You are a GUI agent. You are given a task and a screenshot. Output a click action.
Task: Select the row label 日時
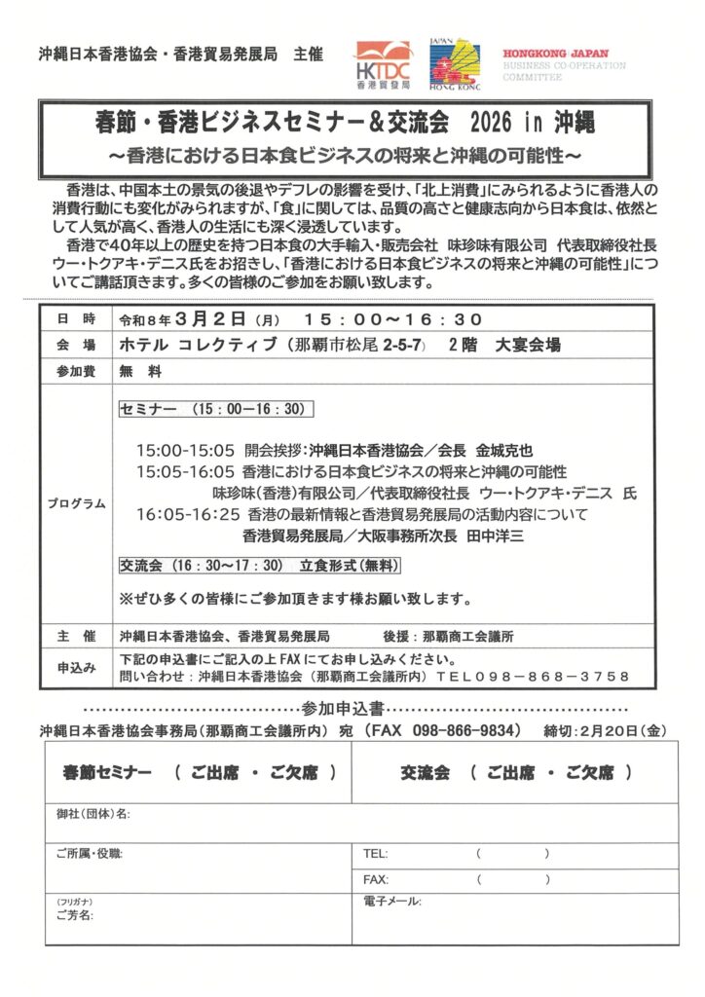[x=76, y=320]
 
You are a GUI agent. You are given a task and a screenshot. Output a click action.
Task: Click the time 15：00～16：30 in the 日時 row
[x=392, y=320]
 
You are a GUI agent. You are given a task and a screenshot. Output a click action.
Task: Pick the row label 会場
[x=76, y=346]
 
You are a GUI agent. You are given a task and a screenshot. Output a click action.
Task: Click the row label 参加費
[x=76, y=371]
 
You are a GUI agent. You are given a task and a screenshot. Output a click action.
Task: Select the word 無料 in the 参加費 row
[x=133, y=371]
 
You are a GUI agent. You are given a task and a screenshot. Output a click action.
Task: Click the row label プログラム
[x=76, y=503]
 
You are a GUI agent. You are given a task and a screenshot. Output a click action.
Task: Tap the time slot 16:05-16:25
[x=187, y=514]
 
